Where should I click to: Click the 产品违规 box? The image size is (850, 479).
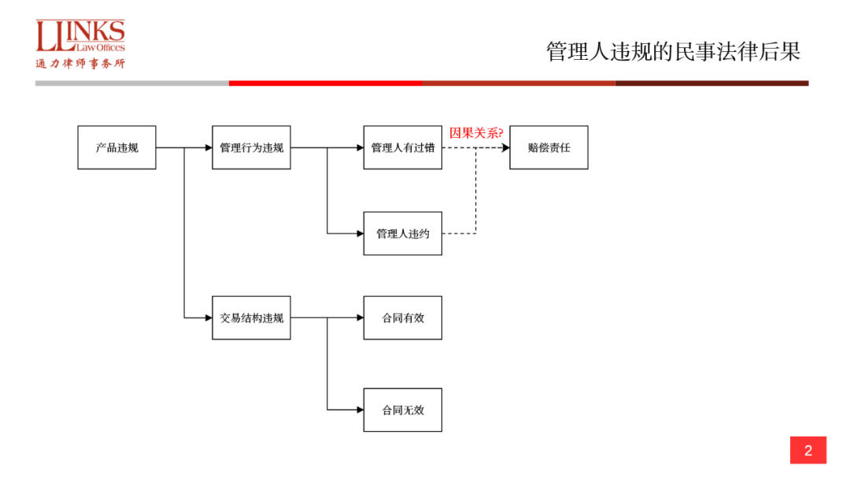point(116,147)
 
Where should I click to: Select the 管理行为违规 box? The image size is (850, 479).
point(251,147)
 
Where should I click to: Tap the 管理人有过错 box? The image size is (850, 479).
point(402,147)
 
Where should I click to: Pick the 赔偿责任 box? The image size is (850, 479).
point(549,147)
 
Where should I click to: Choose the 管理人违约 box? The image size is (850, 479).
point(402,233)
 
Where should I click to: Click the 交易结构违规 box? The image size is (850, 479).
point(251,317)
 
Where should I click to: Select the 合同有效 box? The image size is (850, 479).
point(402,317)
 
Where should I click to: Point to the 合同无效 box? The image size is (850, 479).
point(402,410)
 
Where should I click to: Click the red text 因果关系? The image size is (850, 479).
point(476,132)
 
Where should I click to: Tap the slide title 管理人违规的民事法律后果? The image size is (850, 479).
point(673,52)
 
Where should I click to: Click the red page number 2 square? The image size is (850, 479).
point(808,451)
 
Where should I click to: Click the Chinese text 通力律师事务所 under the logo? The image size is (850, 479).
point(80,64)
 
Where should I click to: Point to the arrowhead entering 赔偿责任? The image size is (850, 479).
point(505,147)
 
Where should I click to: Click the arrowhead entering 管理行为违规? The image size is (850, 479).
point(208,147)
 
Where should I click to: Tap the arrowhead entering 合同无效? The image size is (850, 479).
point(360,410)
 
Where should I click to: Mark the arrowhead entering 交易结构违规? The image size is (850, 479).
point(208,317)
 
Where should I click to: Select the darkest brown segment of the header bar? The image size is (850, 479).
point(711,83)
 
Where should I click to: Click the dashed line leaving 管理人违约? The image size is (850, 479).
point(460,233)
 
